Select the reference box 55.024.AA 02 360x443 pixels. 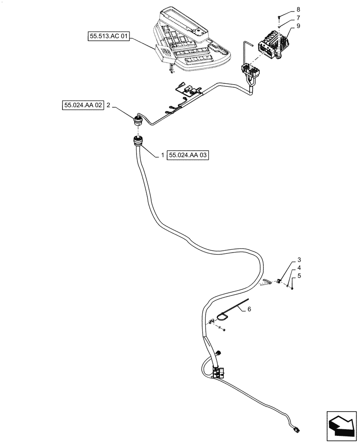coord(82,105)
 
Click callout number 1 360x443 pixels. coord(163,155)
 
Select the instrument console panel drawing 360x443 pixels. coord(191,40)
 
